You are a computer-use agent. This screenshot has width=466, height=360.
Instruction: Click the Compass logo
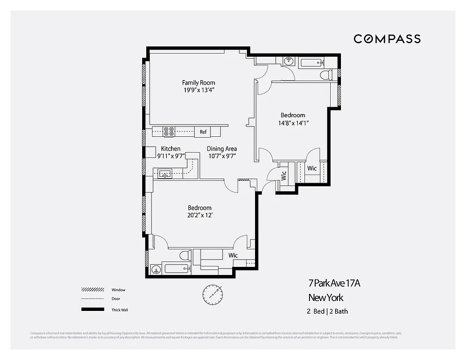387,39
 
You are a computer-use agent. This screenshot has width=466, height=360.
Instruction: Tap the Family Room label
198,82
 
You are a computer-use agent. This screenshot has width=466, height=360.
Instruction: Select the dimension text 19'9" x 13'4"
198,90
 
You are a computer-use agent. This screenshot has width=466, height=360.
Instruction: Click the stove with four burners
169,131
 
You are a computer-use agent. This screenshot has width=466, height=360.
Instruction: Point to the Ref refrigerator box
203,131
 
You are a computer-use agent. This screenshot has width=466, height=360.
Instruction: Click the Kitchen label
170,149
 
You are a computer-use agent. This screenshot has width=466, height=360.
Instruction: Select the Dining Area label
222,149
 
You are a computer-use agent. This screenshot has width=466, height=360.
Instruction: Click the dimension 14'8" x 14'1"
293,123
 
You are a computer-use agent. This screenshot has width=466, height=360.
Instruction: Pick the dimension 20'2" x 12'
199,215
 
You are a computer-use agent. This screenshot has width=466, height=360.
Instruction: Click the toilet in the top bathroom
326,74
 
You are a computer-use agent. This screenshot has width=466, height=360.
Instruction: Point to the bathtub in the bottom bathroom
176,269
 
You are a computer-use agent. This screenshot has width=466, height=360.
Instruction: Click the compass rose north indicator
212,294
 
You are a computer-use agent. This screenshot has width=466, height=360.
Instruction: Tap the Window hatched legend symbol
90,290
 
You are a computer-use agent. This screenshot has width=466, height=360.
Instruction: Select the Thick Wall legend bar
90,310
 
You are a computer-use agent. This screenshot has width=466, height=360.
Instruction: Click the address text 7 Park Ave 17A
334,283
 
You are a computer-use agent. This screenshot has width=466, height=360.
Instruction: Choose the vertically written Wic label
284,175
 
